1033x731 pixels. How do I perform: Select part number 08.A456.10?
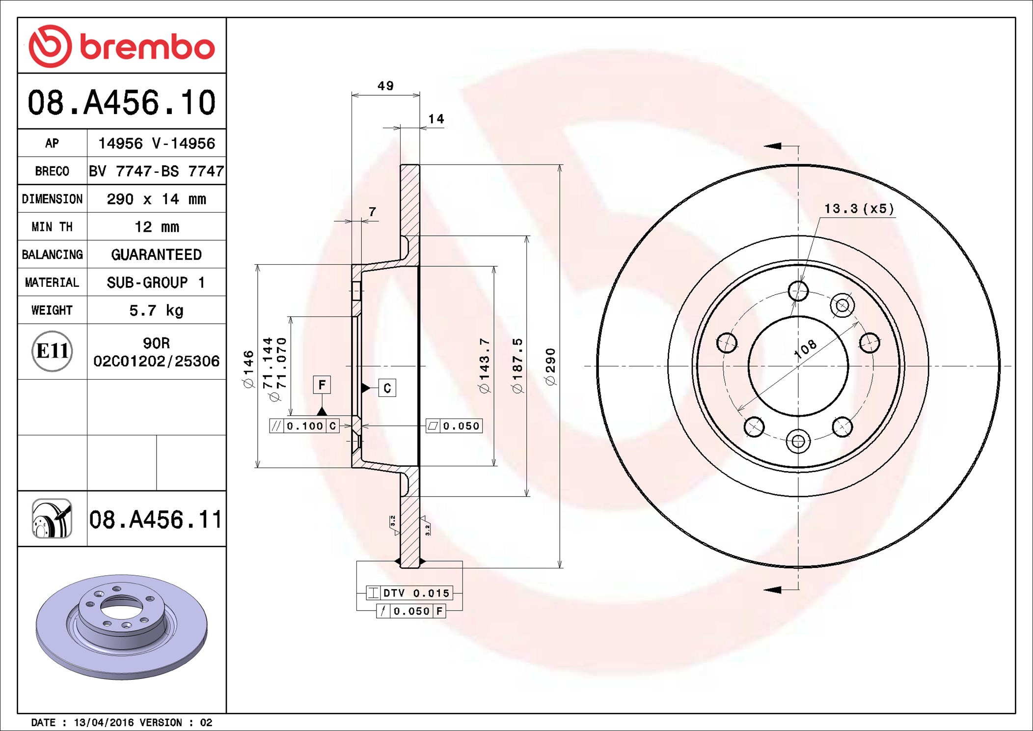click(122, 103)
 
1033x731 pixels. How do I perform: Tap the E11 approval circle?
click(52, 351)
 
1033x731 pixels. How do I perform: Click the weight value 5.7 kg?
click(156, 310)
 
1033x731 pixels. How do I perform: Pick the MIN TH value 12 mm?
click(156, 227)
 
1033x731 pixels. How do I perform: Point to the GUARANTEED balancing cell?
click(156, 254)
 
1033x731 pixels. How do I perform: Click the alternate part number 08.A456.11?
click(155, 520)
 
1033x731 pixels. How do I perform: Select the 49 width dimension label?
click(385, 86)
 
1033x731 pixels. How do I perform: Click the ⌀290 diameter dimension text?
click(551, 366)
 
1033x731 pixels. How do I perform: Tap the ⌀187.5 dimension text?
click(517, 365)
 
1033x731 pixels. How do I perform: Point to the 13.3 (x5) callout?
click(859, 209)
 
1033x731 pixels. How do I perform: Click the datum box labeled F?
click(322, 385)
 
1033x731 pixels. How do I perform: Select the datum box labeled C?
click(387, 388)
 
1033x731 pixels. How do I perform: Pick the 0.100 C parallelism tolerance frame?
click(304, 426)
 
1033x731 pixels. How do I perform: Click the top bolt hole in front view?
click(798, 291)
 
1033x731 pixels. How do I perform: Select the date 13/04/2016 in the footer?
click(103, 723)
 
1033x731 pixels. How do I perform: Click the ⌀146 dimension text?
click(249, 368)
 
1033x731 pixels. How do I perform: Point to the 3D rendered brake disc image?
click(122, 626)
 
